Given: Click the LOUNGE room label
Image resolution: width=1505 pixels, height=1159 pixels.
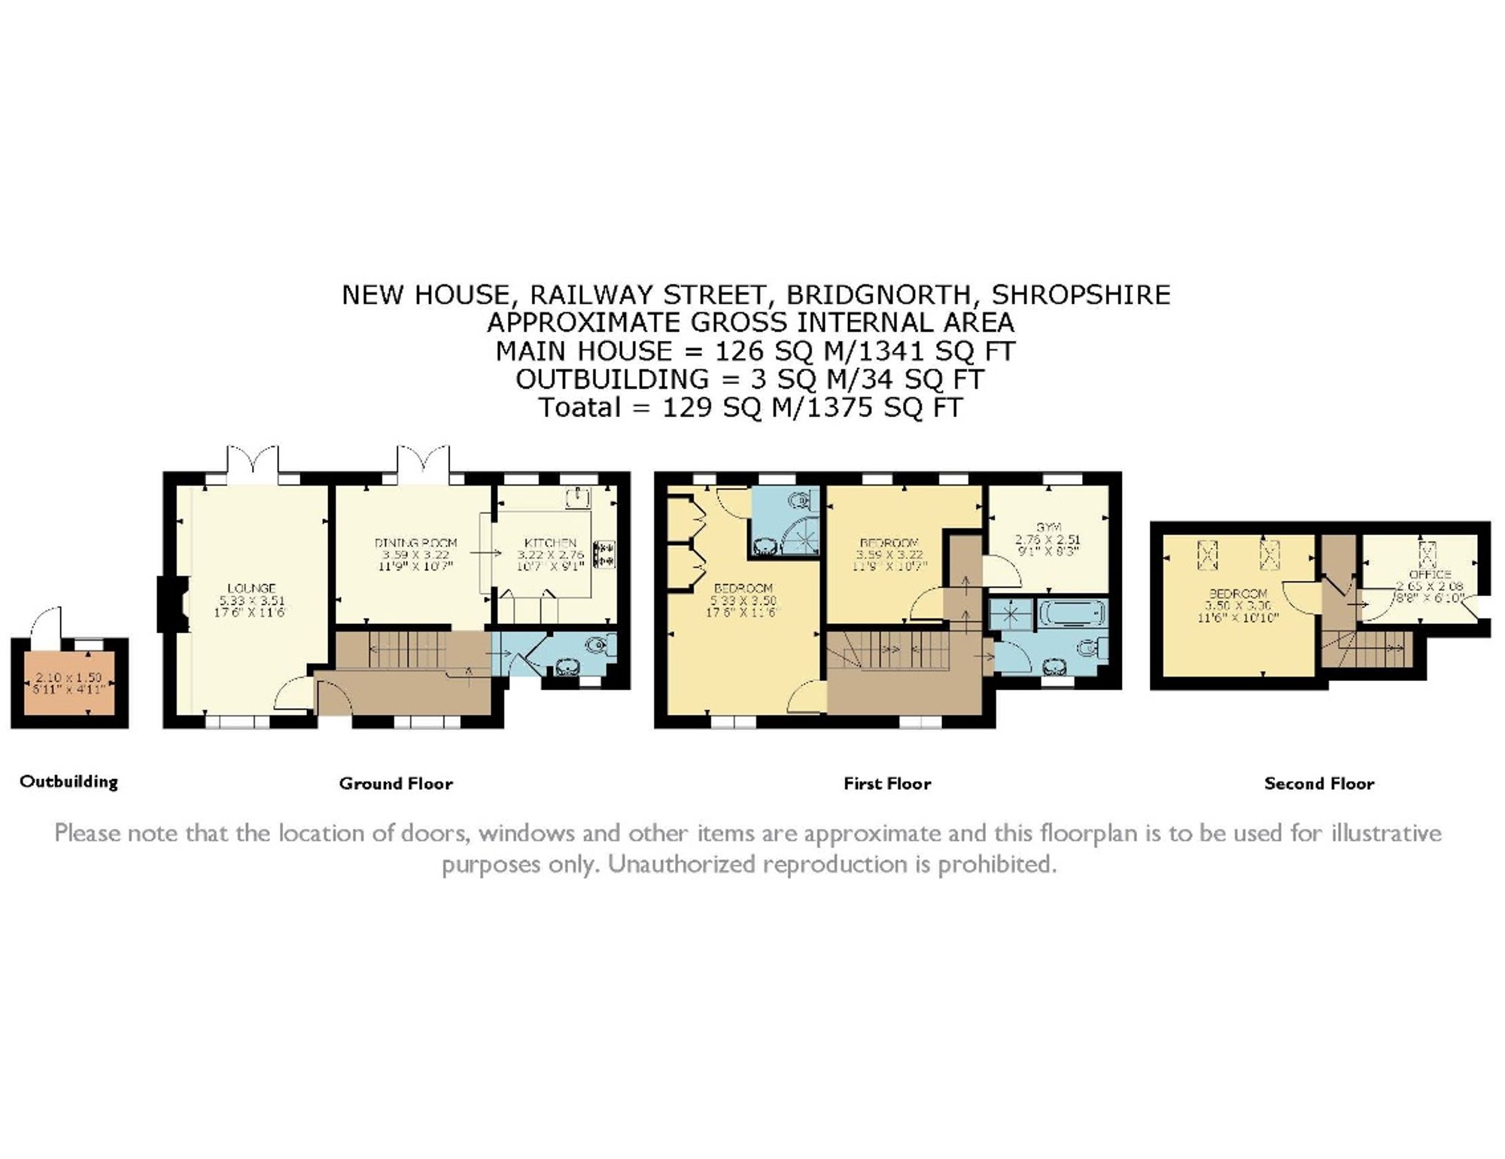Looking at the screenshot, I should tap(251, 588).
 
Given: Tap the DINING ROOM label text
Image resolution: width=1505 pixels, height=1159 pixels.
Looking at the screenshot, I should tap(415, 543).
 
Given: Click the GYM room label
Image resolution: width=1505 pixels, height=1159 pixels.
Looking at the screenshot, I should tap(1048, 528).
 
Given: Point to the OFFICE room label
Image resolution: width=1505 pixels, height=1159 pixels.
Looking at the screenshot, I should tap(1430, 574).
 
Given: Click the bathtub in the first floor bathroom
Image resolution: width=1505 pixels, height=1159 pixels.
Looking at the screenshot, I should tap(1072, 613).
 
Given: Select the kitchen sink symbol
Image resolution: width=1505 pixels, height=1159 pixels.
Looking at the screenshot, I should tap(579, 497).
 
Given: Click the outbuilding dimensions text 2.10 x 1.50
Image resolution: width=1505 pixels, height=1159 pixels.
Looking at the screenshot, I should tap(68, 677).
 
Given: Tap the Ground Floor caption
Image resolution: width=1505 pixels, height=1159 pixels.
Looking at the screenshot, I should tap(396, 783).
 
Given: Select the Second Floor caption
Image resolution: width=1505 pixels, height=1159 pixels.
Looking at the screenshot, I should tap(1319, 783).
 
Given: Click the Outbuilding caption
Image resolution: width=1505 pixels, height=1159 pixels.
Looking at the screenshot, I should tap(68, 781).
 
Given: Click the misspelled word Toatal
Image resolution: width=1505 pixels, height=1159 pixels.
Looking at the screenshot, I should tap(579, 408).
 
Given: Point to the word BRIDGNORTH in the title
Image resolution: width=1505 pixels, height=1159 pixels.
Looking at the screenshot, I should tap(874, 294).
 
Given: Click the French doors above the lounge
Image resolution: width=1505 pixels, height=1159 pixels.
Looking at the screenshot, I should tap(252, 461).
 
